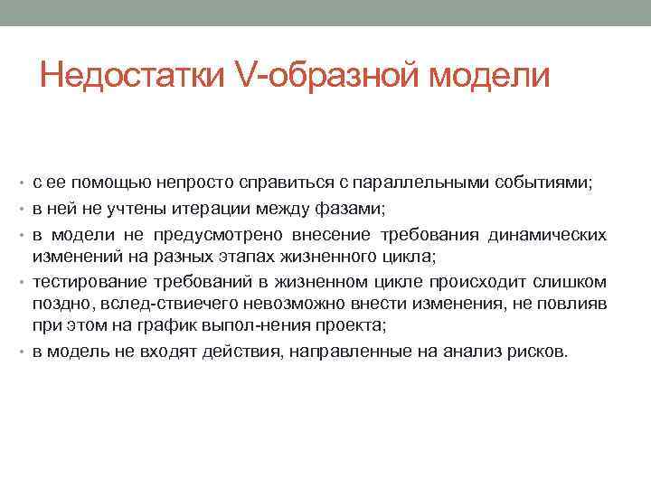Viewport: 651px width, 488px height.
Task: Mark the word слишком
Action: click(575, 281)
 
